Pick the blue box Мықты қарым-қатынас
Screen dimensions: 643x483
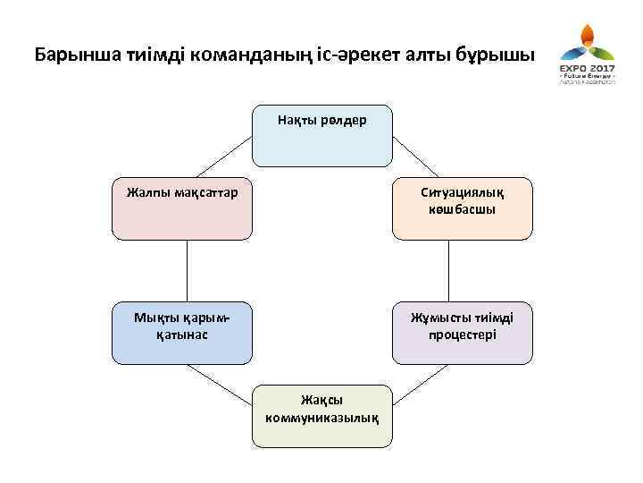182,334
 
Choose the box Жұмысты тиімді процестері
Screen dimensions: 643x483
462,334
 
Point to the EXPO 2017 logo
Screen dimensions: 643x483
586,57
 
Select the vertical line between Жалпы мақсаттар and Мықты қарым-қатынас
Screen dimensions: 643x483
188,271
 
